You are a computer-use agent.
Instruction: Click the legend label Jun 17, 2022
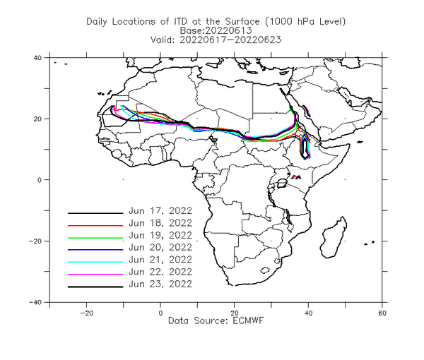[x=160, y=211]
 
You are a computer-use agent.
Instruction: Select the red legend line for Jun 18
[x=95, y=225]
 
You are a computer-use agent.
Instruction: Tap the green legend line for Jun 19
[x=95, y=238]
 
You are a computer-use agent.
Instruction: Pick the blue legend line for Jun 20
[x=95, y=250]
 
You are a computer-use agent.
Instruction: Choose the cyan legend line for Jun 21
[x=95, y=262]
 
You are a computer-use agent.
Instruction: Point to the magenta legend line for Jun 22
[x=95, y=275]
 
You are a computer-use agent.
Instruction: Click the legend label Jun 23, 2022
[x=160, y=284]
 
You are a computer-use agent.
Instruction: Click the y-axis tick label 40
[x=37, y=58]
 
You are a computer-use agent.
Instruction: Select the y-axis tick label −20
[x=35, y=241]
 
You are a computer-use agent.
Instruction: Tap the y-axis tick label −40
[x=35, y=302]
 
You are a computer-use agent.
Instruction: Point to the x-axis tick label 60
[x=382, y=313]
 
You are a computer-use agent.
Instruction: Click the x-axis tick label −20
[x=86, y=313]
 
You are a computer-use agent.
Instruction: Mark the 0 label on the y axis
[x=40, y=180]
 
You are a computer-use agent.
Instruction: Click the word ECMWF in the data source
[x=248, y=321]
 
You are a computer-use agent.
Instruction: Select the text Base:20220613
[x=216, y=30]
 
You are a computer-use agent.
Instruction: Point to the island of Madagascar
[x=334, y=238]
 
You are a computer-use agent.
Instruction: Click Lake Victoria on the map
[x=282, y=184]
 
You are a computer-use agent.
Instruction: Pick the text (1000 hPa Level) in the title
[x=305, y=22]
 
